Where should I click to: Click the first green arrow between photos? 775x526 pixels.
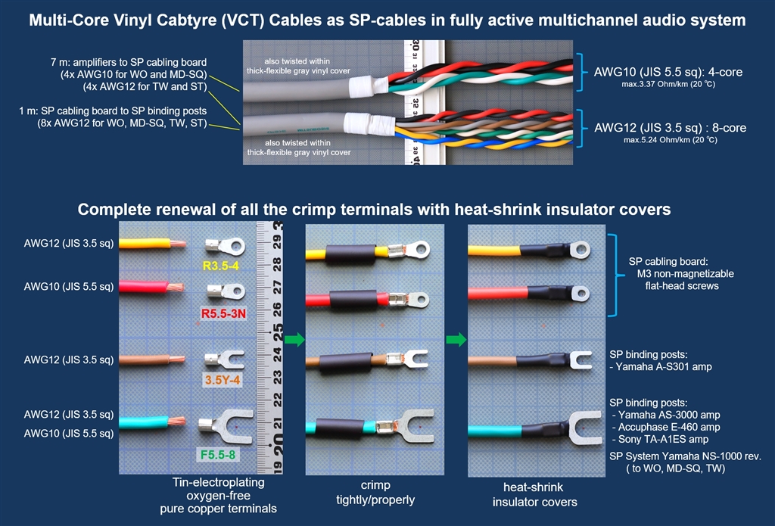point(295,340)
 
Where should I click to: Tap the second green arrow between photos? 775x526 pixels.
point(457,340)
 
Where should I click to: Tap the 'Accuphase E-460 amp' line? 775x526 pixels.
point(655,427)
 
